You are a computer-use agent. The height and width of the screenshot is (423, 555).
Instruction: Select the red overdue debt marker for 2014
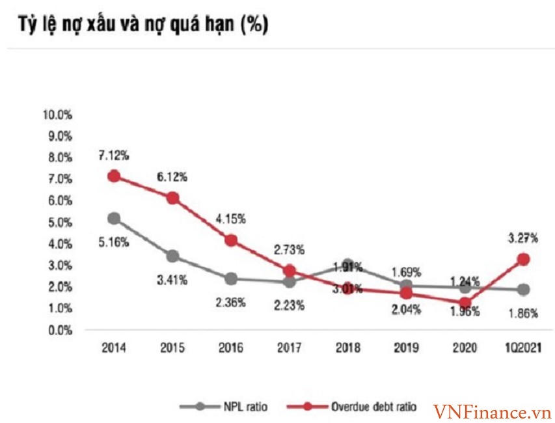click(x=114, y=176)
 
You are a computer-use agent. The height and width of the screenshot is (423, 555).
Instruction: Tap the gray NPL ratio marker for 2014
click(x=114, y=218)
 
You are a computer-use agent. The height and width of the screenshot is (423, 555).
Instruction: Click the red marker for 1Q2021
click(x=522, y=259)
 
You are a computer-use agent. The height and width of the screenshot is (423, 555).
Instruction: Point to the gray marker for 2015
click(x=172, y=256)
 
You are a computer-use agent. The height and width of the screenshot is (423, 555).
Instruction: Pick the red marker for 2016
click(x=231, y=240)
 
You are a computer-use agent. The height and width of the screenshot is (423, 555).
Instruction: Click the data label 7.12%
click(x=114, y=155)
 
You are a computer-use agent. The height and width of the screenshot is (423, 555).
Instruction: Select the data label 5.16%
click(x=114, y=242)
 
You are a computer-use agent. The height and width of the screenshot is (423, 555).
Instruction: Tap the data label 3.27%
click(x=522, y=238)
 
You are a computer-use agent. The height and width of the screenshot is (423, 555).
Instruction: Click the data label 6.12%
click(x=172, y=176)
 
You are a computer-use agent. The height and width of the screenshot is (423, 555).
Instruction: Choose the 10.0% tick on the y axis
click(x=57, y=115)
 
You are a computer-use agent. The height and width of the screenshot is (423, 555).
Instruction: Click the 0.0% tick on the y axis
click(x=59, y=330)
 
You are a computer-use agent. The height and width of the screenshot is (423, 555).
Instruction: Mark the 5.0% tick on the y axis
click(x=59, y=222)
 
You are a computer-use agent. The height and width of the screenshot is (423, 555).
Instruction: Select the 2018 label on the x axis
click(x=348, y=348)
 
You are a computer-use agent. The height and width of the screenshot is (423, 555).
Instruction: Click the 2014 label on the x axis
click(x=114, y=348)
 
